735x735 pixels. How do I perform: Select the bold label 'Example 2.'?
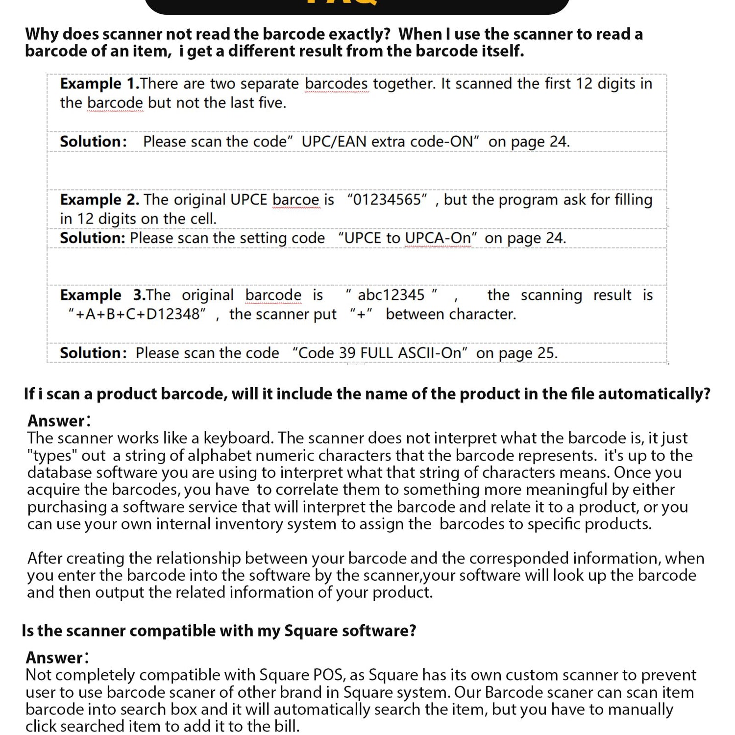(x=99, y=200)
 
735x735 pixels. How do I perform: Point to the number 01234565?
(x=387, y=200)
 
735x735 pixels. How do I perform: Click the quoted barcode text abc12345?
(x=391, y=295)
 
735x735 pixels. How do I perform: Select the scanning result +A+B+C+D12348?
(x=138, y=314)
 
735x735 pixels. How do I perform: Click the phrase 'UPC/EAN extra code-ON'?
(x=388, y=142)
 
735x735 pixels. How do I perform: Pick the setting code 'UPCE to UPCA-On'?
(x=408, y=238)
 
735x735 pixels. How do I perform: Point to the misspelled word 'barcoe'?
(x=295, y=200)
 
